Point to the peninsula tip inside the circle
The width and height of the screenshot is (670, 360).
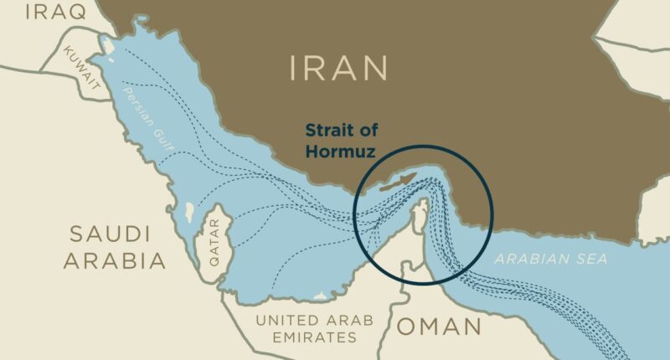[423, 205]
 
